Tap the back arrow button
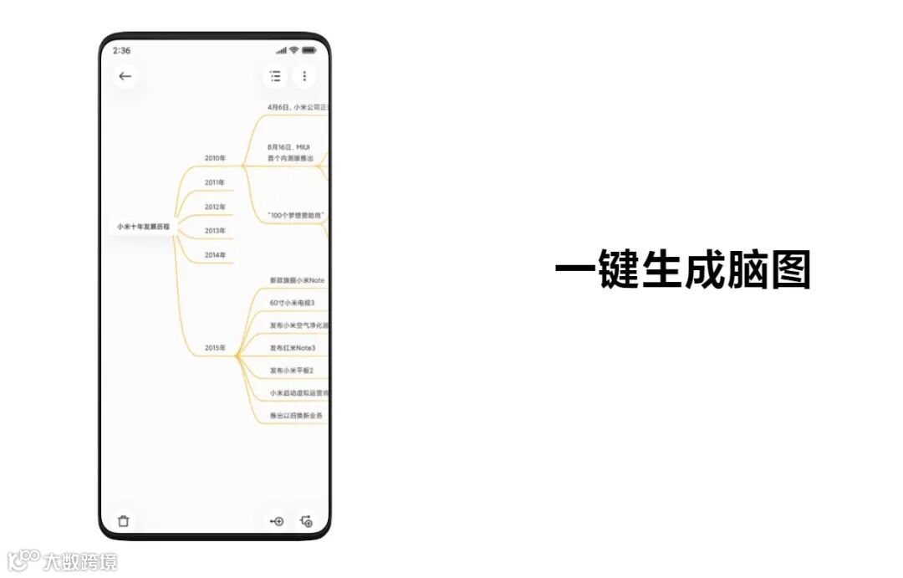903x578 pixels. (125, 76)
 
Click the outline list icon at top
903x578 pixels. (275, 76)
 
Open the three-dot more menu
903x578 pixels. (304, 76)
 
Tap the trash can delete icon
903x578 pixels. (124, 521)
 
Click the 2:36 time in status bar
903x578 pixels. (121, 50)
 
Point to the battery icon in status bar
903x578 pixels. (309, 50)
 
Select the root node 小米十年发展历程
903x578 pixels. (143, 227)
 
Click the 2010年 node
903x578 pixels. (215, 157)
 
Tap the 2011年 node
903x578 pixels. (215, 182)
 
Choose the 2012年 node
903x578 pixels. (215, 207)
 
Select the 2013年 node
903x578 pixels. (215, 230)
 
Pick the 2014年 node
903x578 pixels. (215, 254)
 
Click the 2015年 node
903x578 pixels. (215, 348)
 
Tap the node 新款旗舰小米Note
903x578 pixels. (297, 280)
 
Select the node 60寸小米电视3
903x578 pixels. (292, 303)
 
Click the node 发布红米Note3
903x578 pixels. (293, 348)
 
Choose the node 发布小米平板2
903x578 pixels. (292, 371)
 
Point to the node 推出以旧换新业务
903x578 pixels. (296, 415)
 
